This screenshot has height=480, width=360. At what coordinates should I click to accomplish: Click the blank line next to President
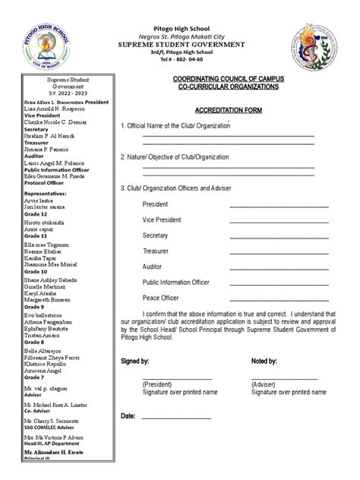pos(279,205)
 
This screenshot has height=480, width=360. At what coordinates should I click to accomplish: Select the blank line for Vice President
pos(279,221)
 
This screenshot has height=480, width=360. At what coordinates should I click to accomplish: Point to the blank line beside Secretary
pos(279,236)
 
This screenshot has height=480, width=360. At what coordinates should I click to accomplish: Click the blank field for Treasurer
pos(279,251)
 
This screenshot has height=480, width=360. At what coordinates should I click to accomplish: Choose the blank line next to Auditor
pos(279,267)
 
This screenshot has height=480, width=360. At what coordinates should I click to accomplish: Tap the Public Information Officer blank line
pos(279,283)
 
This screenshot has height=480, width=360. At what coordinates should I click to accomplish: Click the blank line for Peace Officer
pos(279,298)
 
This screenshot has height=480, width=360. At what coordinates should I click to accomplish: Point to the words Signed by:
pos(135,362)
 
